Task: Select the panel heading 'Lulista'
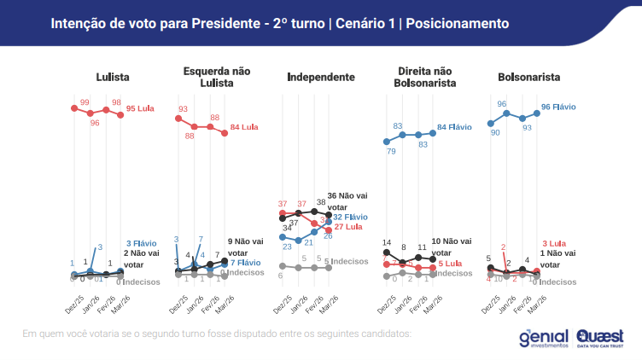[x=113, y=78]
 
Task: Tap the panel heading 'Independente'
[x=320, y=78]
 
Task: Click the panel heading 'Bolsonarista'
[x=528, y=78]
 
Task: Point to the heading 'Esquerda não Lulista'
[x=216, y=77]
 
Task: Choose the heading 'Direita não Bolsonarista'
[x=424, y=77]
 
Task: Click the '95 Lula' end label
[x=142, y=109]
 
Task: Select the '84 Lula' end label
[x=244, y=127]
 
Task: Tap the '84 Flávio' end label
[x=453, y=127]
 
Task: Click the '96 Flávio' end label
[x=558, y=107]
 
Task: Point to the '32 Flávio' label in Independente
[x=350, y=218]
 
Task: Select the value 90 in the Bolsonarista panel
[x=495, y=133]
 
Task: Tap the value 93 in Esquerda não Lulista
[x=183, y=109]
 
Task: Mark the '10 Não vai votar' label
[x=453, y=247]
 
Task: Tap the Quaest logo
[x=599, y=337]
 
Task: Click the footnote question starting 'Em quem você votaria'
[x=217, y=333]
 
